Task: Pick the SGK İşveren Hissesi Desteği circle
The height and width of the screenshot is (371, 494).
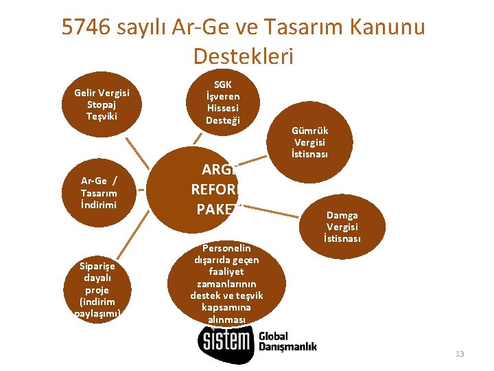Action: (x=222, y=101)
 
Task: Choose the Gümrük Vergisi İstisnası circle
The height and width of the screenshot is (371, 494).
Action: (x=310, y=142)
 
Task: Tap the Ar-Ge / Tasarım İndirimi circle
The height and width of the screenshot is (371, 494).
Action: (x=99, y=192)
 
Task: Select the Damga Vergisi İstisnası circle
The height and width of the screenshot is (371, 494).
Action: (x=342, y=227)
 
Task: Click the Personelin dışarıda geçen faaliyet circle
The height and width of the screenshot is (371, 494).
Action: (x=226, y=282)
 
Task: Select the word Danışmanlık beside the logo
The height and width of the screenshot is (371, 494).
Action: (x=287, y=348)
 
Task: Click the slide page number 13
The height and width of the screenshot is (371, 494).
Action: (x=460, y=354)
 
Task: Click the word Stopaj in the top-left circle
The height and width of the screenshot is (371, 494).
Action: (x=102, y=104)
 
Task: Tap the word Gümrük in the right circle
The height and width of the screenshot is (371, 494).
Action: (x=310, y=131)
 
